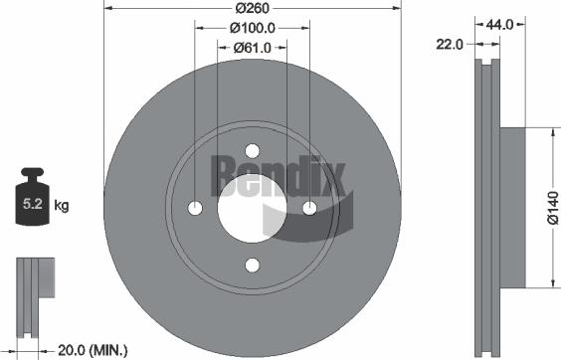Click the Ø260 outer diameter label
click(252, 9)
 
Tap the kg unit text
click(62, 207)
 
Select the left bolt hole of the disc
click(195, 208)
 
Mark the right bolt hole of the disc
click(309, 208)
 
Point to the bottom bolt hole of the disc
click(252, 265)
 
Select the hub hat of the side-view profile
click(509, 208)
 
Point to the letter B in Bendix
click(223, 175)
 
